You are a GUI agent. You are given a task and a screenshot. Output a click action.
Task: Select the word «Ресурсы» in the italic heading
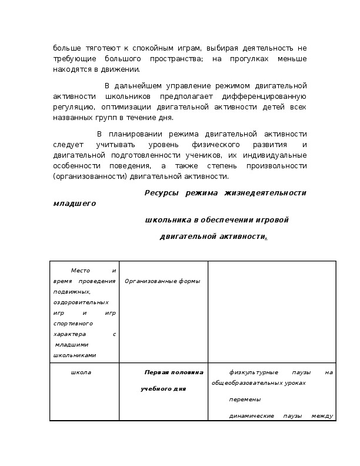pyautogui.click(x=161, y=193)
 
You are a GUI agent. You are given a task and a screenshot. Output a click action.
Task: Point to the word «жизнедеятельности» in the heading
pyautogui.click(x=269, y=193)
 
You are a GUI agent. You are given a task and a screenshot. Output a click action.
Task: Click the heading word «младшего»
pyautogui.click(x=74, y=204)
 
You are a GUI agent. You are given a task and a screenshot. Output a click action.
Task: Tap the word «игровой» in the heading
pyautogui.click(x=272, y=220)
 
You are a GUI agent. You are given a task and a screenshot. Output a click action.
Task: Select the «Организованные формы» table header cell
pyautogui.click(x=162, y=281)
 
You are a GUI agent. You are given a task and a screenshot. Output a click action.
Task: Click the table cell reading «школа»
pyautogui.click(x=81, y=372)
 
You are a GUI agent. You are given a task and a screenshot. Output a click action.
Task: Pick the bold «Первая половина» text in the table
pyautogui.click(x=174, y=372)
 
